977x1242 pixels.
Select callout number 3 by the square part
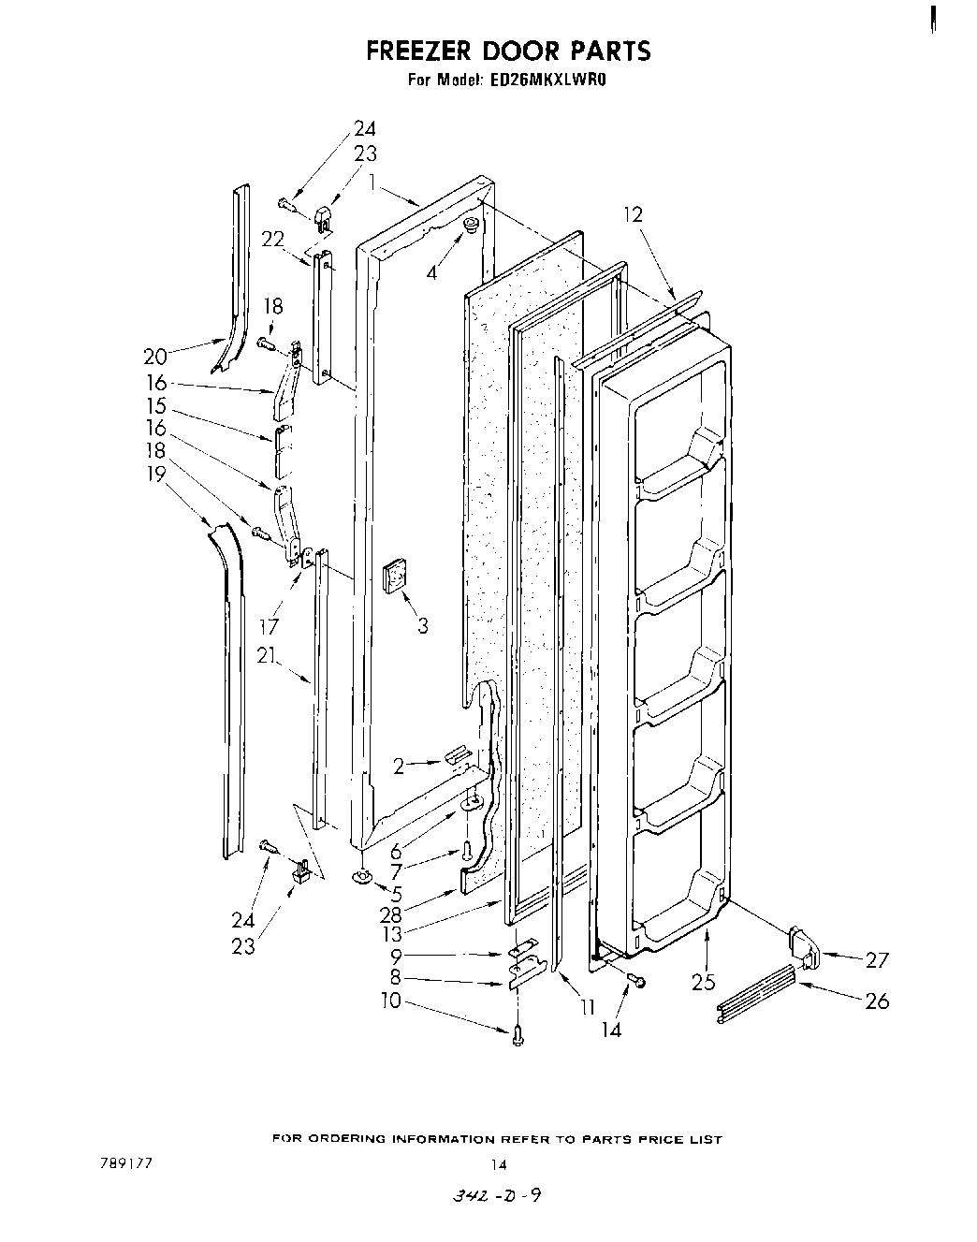tap(423, 625)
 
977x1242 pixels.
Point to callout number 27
tap(877, 959)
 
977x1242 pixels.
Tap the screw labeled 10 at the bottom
tap(518, 1033)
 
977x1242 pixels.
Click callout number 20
tap(155, 356)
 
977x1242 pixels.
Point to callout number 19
tap(155, 475)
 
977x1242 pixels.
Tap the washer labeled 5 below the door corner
tap(360, 877)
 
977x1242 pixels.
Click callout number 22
tap(272, 240)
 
